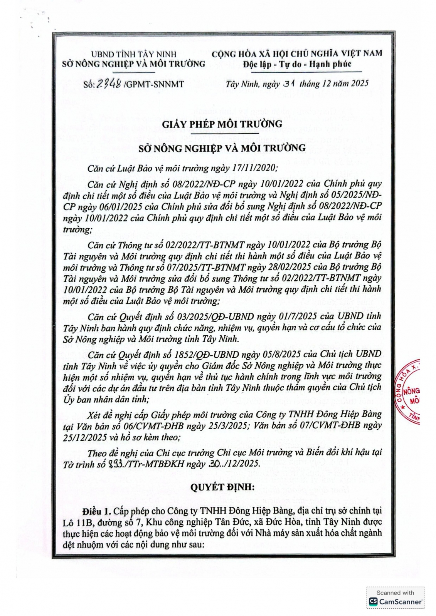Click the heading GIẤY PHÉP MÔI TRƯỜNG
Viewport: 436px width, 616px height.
pos(222,124)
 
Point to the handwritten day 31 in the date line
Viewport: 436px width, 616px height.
pos(288,83)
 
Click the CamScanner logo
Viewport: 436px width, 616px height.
pos(396,601)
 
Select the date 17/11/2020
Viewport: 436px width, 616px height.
pos(257,168)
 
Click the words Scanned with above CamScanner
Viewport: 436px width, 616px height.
pos(395,593)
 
